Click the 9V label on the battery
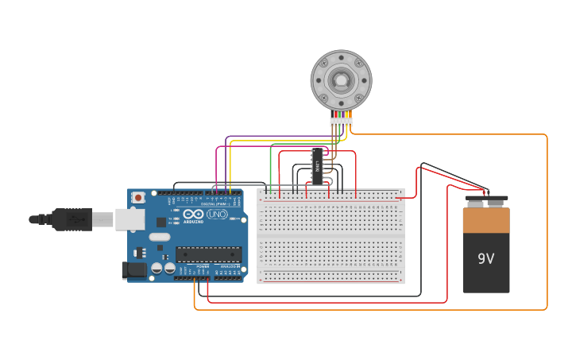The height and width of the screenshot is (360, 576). [485, 259]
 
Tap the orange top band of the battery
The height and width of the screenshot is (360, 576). [485, 219]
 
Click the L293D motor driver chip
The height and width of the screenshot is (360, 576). [317, 166]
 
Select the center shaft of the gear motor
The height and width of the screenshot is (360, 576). [341, 80]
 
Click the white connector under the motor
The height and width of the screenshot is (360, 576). [341, 122]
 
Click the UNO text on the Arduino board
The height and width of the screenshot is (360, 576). [216, 214]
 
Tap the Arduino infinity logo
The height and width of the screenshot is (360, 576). [193, 213]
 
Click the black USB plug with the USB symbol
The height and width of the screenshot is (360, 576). [72, 219]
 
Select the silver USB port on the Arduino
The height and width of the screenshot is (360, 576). [130, 219]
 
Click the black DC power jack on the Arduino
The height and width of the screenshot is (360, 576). [135, 270]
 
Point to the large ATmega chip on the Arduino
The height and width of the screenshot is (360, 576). [207, 254]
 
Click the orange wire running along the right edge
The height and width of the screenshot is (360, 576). [547, 223]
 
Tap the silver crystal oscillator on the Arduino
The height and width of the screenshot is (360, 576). [160, 237]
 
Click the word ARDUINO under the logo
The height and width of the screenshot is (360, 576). [193, 222]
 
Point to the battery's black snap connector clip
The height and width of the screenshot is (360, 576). [486, 199]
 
